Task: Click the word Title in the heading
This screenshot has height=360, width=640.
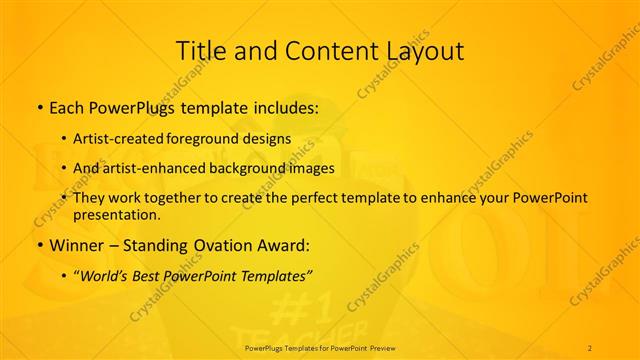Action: tap(199, 51)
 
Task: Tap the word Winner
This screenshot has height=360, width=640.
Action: tap(75, 244)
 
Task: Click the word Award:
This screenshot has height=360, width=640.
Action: tap(284, 244)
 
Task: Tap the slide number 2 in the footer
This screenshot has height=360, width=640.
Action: tap(590, 347)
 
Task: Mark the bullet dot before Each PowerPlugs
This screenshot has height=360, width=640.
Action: tap(39, 106)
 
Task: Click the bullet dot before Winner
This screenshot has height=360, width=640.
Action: tap(39, 245)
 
